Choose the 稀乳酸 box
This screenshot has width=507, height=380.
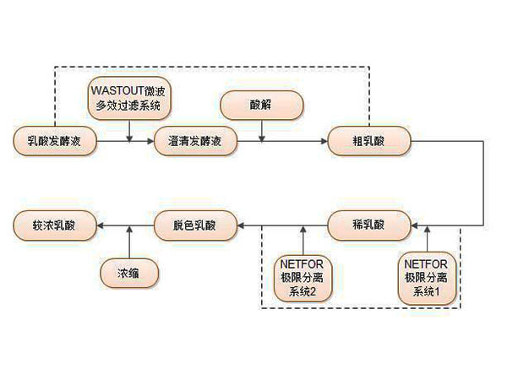coord(369,225)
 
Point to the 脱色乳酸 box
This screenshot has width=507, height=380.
coord(194,225)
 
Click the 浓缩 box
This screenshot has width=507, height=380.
coord(128,274)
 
